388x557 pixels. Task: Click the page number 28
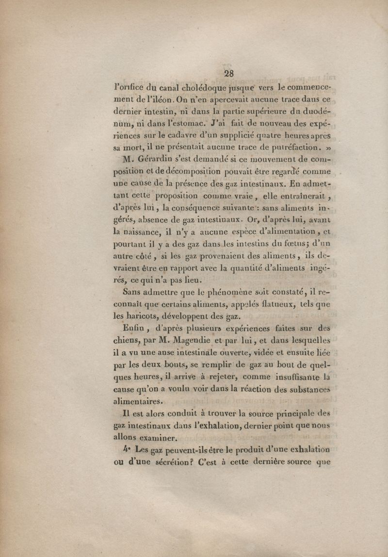[228, 73]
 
